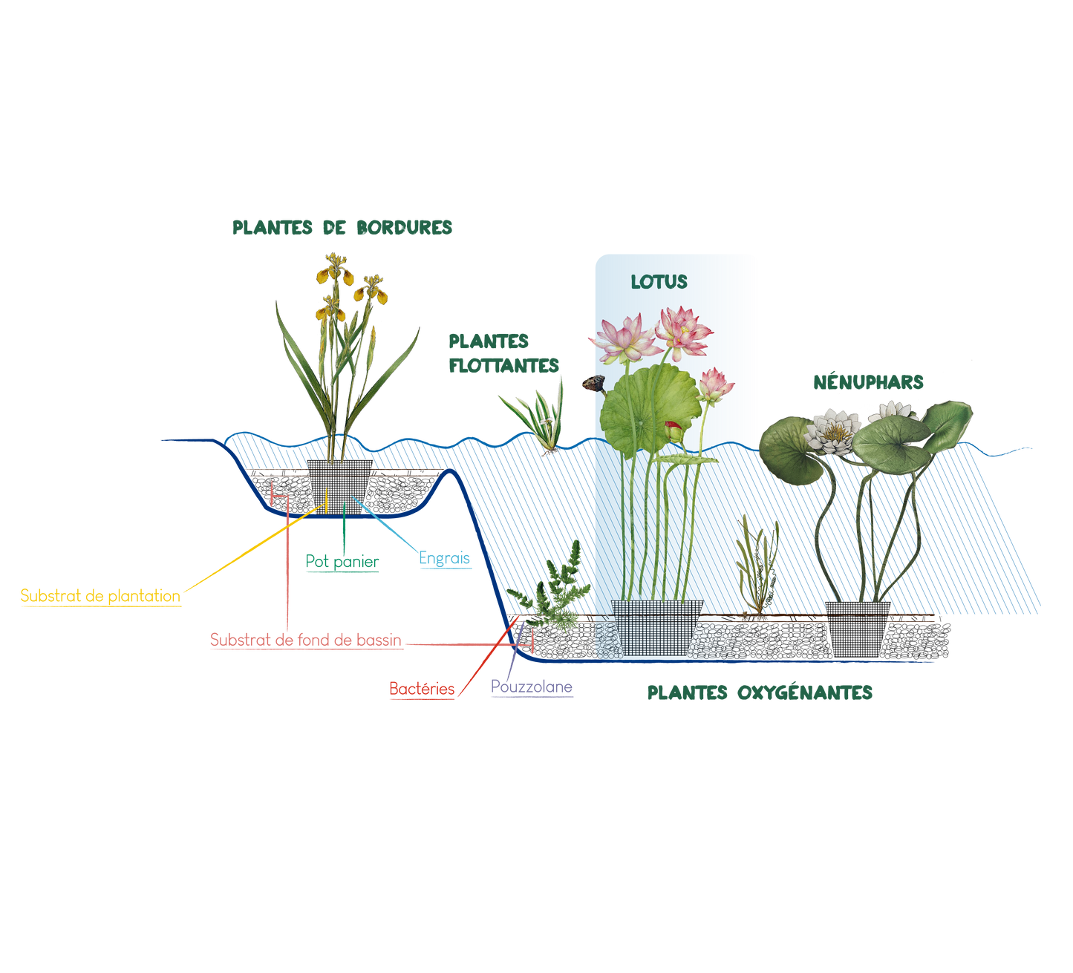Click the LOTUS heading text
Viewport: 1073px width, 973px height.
click(x=659, y=282)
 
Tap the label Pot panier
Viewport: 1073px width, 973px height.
click(x=342, y=563)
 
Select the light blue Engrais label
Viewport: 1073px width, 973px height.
click(x=445, y=558)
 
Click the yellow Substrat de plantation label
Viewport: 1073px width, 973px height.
click(x=100, y=595)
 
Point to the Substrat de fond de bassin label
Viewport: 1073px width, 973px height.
click(x=306, y=640)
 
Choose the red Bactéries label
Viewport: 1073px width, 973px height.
click(x=422, y=689)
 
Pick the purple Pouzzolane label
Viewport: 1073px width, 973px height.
click(x=532, y=687)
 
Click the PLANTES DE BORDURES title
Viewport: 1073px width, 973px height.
click(x=342, y=228)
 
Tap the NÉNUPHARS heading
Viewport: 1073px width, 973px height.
click(x=869, y=382)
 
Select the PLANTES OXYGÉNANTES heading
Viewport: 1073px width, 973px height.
click(x=760, y=692)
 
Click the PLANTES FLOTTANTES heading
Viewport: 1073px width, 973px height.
click(x=503, y=353)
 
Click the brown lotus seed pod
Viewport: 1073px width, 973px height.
click(x=591, y=383)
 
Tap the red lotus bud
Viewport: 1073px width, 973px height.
click(x=673, y=430)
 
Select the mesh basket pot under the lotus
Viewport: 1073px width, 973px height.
click(x=656, y=625)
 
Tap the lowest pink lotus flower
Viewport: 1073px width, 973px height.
click(x=715, y=384)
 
